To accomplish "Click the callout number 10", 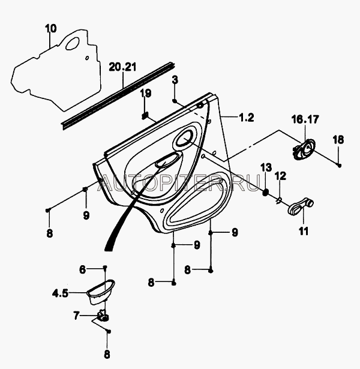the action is (51, 28).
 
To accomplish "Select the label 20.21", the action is (122, 67).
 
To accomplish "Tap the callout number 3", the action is (175, 80).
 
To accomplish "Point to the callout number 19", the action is (146, 93).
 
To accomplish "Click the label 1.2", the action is (247, 118).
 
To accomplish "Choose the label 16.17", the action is (305, 119).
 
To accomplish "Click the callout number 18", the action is (338, 140).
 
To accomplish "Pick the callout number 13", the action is (266, 168).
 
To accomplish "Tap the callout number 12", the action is (281, 176).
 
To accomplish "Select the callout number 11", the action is (304, 231).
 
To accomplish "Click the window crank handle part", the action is (301, 206).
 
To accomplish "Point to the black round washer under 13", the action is (265, 192).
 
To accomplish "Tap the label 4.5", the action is (60, 293).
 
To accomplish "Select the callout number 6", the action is (82, 269).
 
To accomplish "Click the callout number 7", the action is (76, 316).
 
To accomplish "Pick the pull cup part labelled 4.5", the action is (101, 292).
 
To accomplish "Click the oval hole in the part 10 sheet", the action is (73, 44).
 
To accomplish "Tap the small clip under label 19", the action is (145, 116).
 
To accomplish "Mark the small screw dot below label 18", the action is (339, 165).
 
